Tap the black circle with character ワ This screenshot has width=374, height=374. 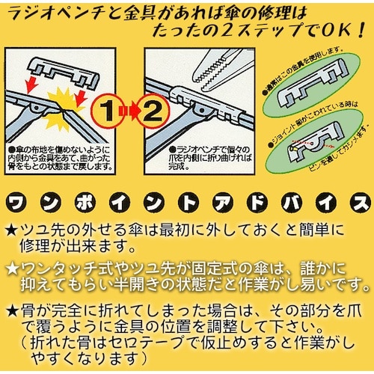click(20, 202)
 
